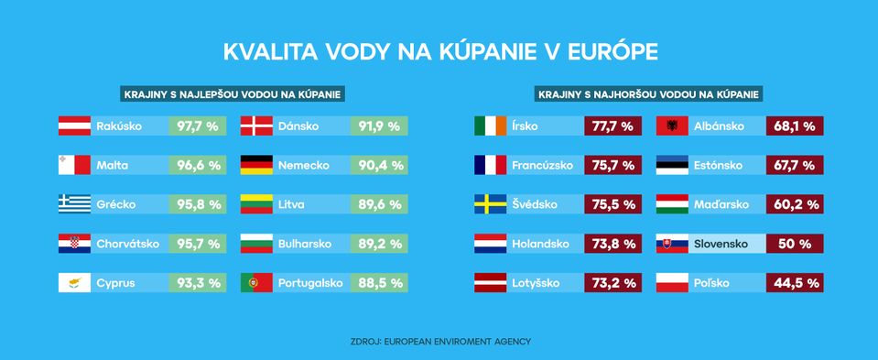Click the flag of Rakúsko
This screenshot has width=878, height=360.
click(x=74, y=126)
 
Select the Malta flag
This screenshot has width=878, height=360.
click(x=74, y=166)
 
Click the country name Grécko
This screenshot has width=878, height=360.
click(x=116, y=205)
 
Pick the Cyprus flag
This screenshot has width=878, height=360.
click(x=74, y=283)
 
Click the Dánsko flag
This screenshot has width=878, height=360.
click(x=256, y=126)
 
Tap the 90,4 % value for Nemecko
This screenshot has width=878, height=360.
click(x=379, y=166)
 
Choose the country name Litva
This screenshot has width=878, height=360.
click(x=292, y=205)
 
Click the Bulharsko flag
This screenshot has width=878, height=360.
click(x=256, y=245)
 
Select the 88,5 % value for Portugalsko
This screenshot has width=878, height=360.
click(x=379, y=283)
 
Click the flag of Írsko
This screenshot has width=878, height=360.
click(x=490, y=126)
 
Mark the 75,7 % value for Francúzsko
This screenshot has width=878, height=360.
click(x=612, y=166)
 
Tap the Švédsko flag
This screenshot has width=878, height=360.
click(x=490, y=205)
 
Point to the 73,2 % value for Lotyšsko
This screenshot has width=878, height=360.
click(x=612, y=283)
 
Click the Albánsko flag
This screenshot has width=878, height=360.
click(x=673, y=126)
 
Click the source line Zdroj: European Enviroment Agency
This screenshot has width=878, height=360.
click(x=439, y=342)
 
